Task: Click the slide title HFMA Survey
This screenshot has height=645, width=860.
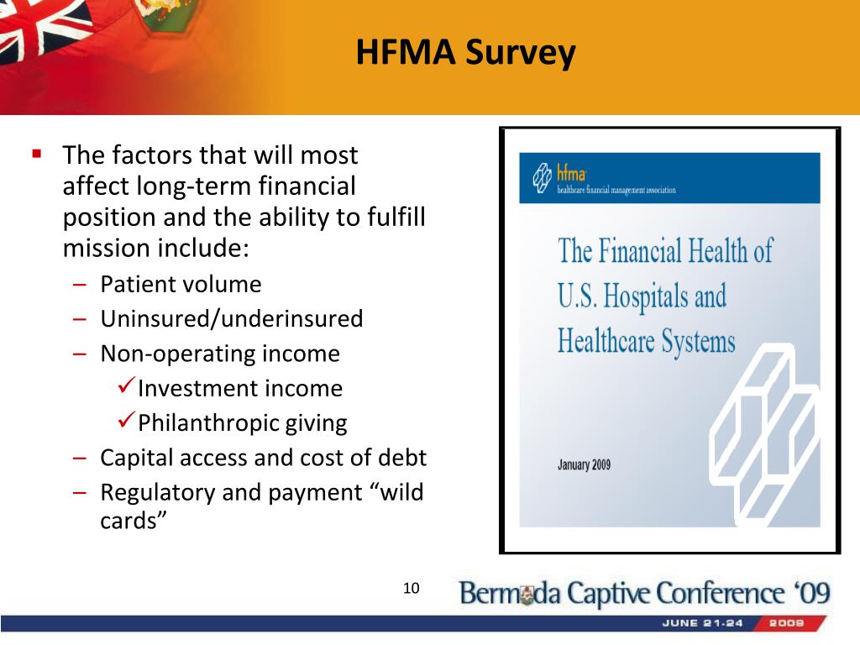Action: [465, 53]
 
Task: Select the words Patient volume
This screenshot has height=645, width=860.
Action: [181, 285]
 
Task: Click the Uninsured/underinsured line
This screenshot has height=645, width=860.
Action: [232, 318]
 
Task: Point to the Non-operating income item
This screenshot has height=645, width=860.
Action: [220, 354]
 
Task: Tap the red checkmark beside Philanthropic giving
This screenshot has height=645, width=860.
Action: [126, 420]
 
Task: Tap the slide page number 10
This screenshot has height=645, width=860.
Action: [411, 588]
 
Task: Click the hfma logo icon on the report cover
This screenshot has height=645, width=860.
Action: [542, 178]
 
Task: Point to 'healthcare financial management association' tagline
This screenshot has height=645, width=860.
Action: [616, 190]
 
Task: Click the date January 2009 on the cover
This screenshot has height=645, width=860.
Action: [585, 465]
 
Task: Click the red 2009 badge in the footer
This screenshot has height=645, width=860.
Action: [789, 623]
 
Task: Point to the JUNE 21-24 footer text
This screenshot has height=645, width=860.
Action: [703, 623]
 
